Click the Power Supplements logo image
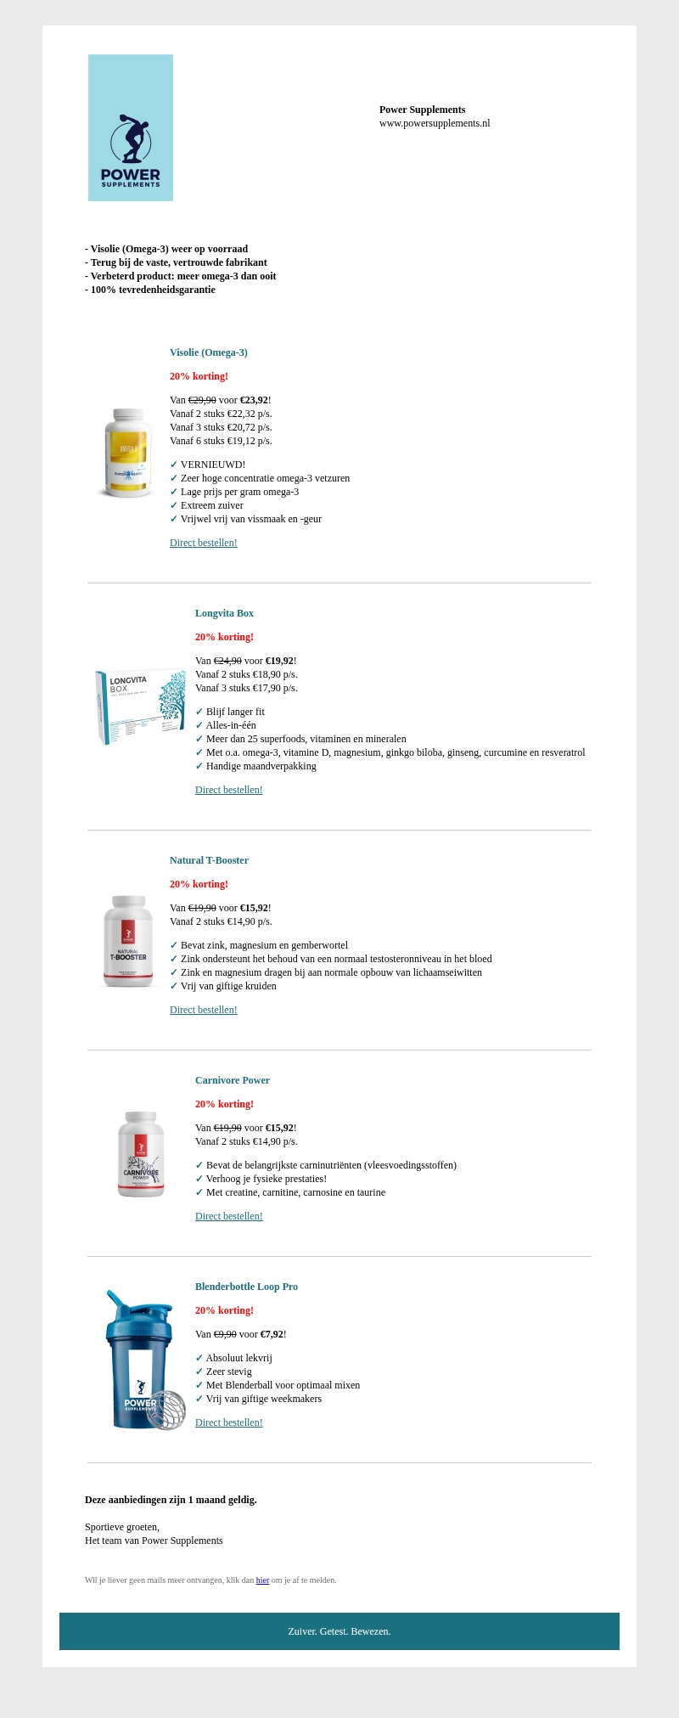tap(131, 128)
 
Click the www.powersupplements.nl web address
tap(435, 123)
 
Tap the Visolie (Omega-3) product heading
tap(208, 352)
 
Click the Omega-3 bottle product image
tap(128, 453)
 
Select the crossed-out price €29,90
tap(202, 400)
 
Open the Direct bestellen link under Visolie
tap(203, 543)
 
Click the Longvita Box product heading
tap(224, 613)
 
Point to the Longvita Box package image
tap(140, 706)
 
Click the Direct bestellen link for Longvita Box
tap(228, 790)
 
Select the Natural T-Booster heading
tap(209, 860)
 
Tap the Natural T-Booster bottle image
tap(128, 941)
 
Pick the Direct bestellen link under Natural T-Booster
tap(203, 1010)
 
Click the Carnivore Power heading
tap(232, 1080)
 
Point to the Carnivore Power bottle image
tap(141, 1154)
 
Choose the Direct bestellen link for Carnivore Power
tap(228, 1216)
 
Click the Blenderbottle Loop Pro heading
tap(246, 1287)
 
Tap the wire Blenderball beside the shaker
tap(166, 1410)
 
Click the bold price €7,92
tap(272, 1334)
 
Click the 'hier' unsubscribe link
tap(262, 1580)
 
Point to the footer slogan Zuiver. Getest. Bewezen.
tap(339, 1631)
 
